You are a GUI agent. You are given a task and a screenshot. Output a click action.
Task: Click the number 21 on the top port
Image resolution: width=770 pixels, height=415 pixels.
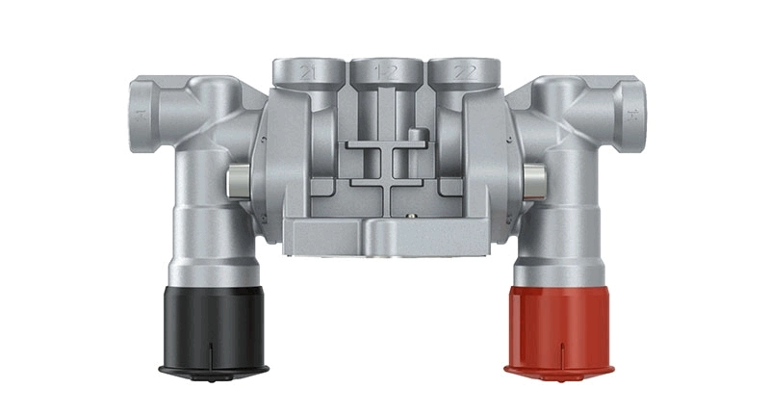click(307, 71)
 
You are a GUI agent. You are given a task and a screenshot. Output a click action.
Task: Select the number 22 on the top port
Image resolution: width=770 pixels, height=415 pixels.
click(465, 71)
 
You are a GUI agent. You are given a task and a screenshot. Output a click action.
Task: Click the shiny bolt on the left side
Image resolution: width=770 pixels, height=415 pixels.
click(235, 180)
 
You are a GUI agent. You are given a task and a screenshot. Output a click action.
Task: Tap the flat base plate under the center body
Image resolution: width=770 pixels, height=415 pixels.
click(385, 237)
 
